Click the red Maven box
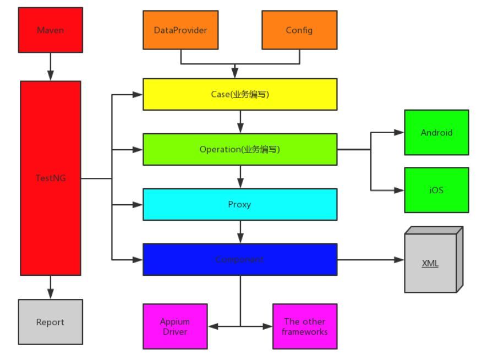50,30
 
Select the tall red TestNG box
50,178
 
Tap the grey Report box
50,322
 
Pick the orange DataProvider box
180,30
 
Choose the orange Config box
299,30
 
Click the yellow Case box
240,94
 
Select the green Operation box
240,149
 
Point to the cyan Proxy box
240,204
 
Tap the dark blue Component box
240,259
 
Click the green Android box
436,133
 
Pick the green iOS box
436,190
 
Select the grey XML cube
431,263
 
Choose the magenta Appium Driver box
175,326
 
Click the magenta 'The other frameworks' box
305,326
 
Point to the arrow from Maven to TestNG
50,67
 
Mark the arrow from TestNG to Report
50,287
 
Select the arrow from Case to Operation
240,122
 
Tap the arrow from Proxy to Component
240,232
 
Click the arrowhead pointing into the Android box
399,133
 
